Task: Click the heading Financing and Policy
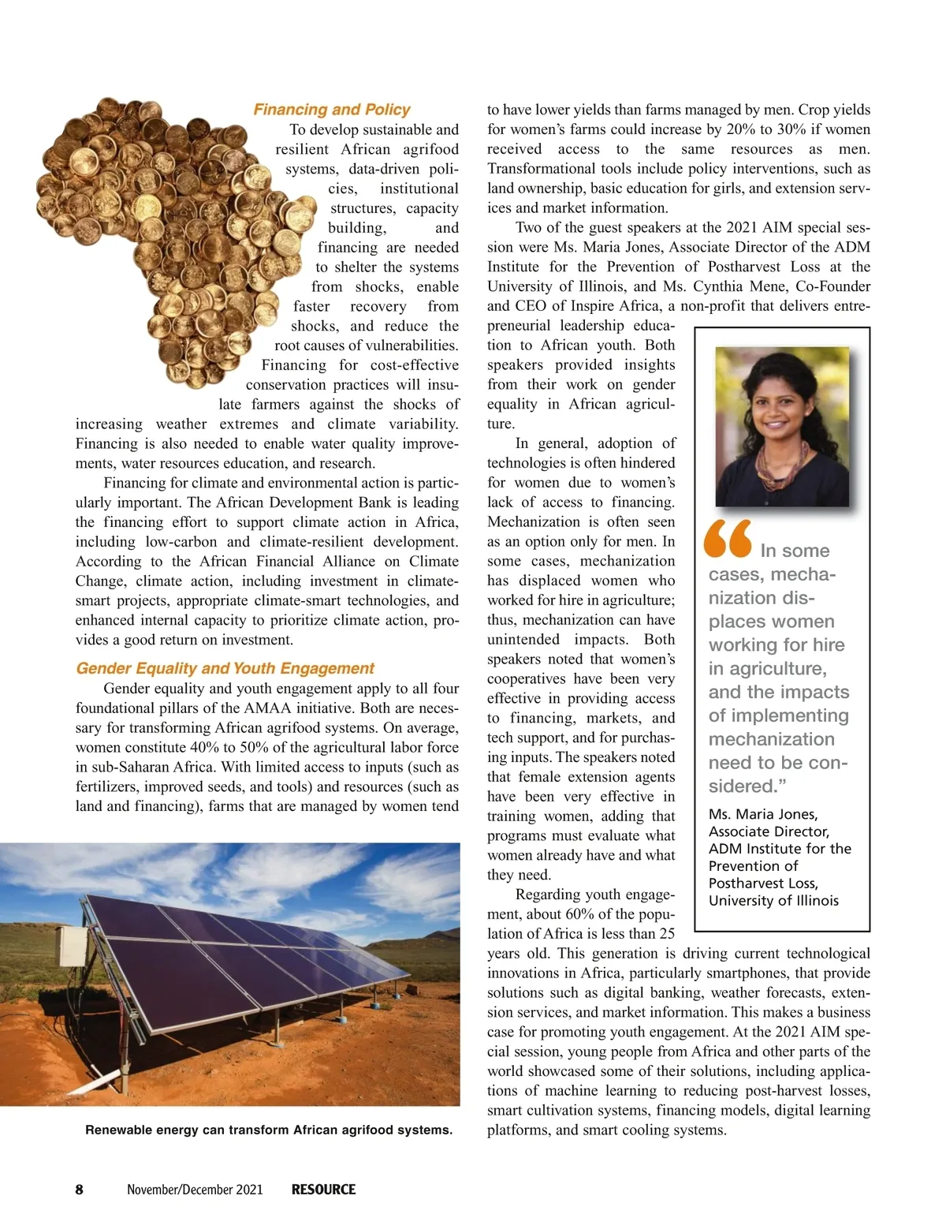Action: click(x=331, y=110)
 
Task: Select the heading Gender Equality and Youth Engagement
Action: click(x=225, y=668)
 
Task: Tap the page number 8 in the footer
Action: click(x=79, y=1190)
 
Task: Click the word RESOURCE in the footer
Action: click(x=323, y=1190)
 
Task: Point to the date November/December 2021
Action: click(x=195, y=1190)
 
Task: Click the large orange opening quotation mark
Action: click(x=728, y=539)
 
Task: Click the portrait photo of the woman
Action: click(x=781, y=426)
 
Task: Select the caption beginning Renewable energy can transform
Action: click(x=269, y=1130)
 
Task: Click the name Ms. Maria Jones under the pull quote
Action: click(x=762, y=814)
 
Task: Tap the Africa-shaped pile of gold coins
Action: click(x=169, y=237)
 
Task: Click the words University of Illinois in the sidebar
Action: click(x=773, y=901)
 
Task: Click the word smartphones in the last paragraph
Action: click(x=752, y=973)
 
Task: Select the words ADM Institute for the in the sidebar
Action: click(x=779, y=849)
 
